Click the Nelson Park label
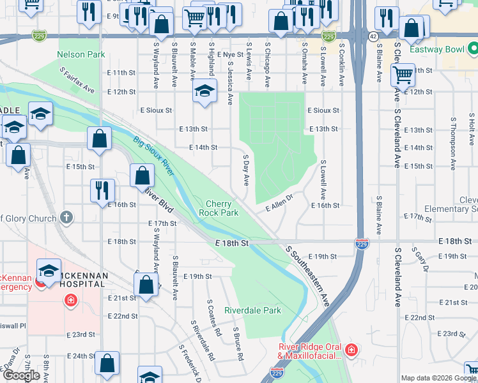coord(81,55)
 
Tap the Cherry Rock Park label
coord(219,208)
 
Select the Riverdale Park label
coord(252,311)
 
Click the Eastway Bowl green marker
coord(472,48)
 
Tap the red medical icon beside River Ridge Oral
coord(350,350)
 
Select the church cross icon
coord(66,218)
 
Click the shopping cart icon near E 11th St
coord(403,75)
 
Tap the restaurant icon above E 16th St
coord(102,190)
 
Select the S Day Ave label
coord(245,170)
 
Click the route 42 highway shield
coord(373,37)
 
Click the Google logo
coord(21,375)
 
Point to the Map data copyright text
coord(438,378)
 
